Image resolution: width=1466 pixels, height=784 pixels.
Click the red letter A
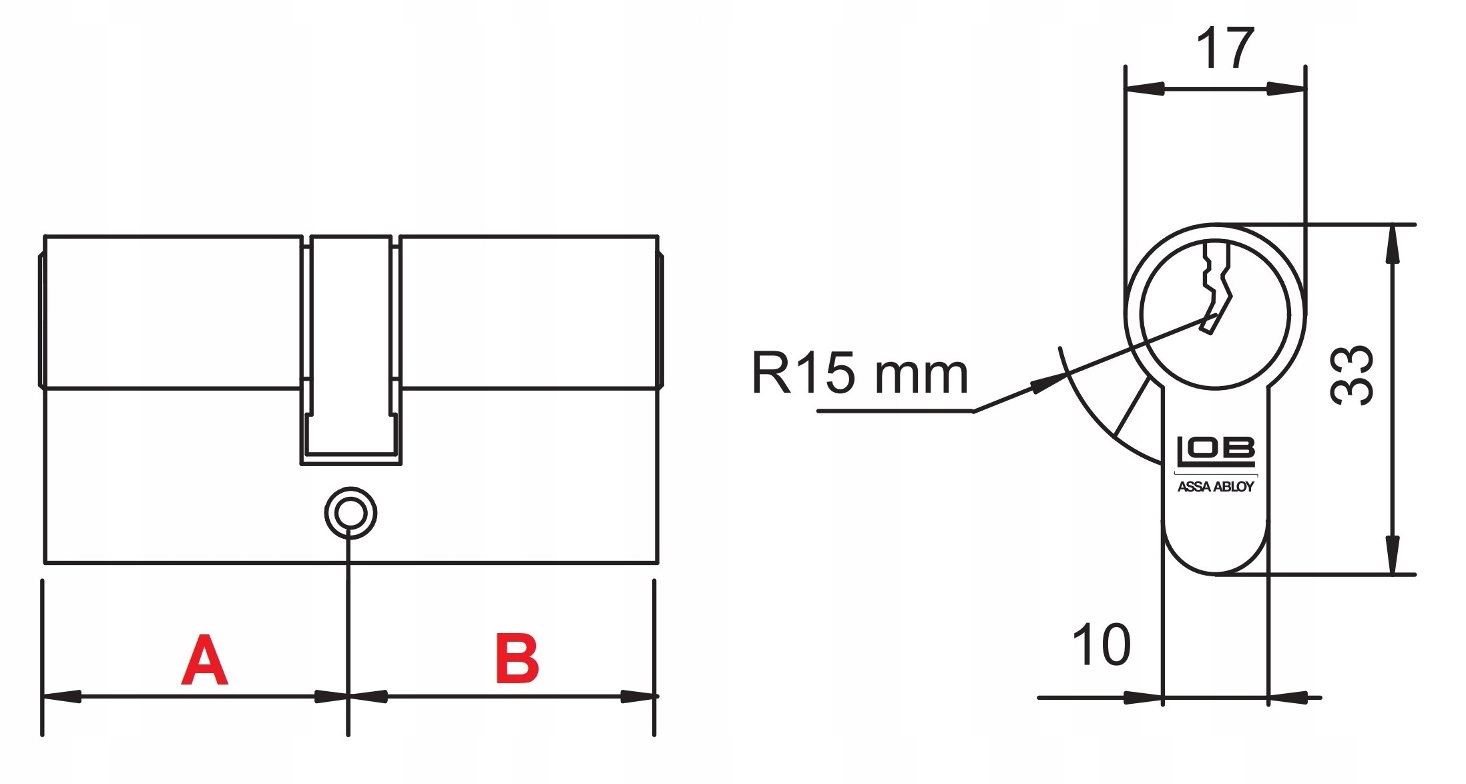point(204,660)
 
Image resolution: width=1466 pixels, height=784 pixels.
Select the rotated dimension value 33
point(1353,375)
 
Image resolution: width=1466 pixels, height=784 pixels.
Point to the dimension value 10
point(1101,645)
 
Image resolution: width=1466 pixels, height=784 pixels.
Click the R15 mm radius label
point(859,374)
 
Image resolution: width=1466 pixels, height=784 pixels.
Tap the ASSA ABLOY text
point(1215,487)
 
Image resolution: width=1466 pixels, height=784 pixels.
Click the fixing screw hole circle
point(350,513)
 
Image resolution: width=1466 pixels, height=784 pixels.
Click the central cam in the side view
point(350,347)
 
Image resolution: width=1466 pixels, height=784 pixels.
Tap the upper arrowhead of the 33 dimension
point(1392,244)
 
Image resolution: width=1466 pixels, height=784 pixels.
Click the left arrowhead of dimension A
point(61,697)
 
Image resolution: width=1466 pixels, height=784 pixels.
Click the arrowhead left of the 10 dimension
point(1144,698)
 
